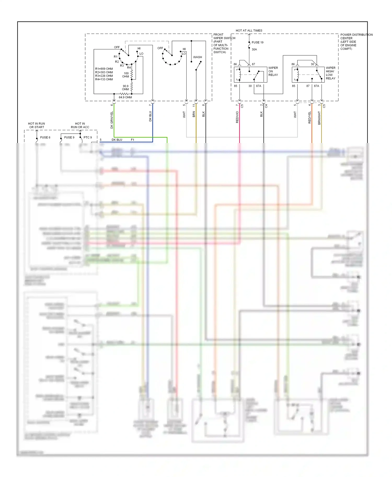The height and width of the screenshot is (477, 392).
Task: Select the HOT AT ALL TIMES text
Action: click(249, 31)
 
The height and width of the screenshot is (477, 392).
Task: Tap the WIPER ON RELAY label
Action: click(273, 71)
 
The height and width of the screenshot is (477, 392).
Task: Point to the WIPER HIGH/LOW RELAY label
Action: click(330, 73)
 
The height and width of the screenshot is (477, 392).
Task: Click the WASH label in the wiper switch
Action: click(197, 57)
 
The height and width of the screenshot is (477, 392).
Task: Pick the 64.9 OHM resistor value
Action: click(125, 97)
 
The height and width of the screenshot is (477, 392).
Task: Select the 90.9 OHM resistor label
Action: click(125, 88)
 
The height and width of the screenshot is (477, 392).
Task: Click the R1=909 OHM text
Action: click(104, 69)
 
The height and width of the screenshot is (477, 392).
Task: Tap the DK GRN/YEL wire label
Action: click(112, 120)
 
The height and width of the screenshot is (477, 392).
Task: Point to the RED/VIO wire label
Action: click(237, 117)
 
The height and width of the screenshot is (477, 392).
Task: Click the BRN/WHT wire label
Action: click(319, 118)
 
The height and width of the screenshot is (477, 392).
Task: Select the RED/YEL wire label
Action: click(310, 117)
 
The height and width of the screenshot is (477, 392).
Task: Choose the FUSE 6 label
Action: click(45, 137)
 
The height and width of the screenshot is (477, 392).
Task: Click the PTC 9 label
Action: click(88, 137)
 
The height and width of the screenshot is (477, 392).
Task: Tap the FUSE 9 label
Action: click(69, 137)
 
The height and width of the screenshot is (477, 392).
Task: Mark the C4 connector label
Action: click(266, 106)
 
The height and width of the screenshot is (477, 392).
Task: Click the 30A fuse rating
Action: click(254, 49)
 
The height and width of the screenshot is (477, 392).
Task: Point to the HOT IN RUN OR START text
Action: click(37, 125)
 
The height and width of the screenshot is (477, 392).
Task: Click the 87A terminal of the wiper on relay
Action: click(258, 86)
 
